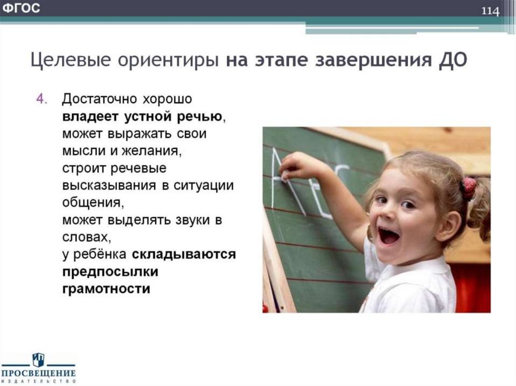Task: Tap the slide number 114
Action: pyautogui.click(x=489, y=11)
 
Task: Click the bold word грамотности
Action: pyautogui.click(x=106, y=289)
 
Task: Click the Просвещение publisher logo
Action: pyautogui.click(x=38, y=368)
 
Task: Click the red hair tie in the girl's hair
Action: pyautogui.click(x=469, y=187)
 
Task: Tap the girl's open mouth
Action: pyautogui.click(x=389, y=236)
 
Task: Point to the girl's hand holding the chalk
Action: pyautogui.click(x=293, y=166)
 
